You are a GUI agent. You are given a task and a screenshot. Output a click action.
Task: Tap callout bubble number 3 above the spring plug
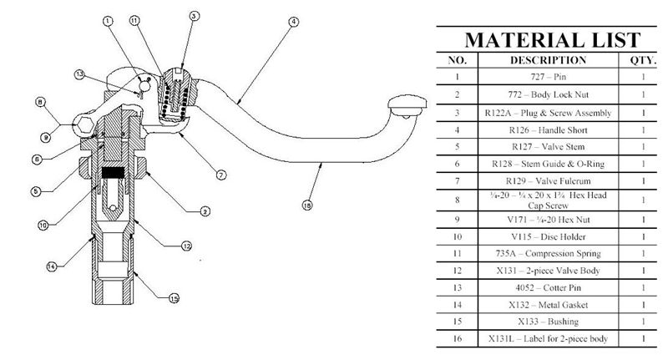click(194, 15)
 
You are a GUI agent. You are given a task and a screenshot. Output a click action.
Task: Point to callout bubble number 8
click(39, 104)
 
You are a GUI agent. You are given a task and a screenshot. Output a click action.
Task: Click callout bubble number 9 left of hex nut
click(45, 136)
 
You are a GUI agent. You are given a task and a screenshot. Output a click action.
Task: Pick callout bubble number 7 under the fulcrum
click(220, 175)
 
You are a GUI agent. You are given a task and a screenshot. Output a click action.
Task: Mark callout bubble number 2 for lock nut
click(204, 211)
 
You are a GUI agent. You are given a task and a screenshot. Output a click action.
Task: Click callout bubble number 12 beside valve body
click(187, 246)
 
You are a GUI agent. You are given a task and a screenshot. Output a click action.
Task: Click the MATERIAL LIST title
click(552, 39)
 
